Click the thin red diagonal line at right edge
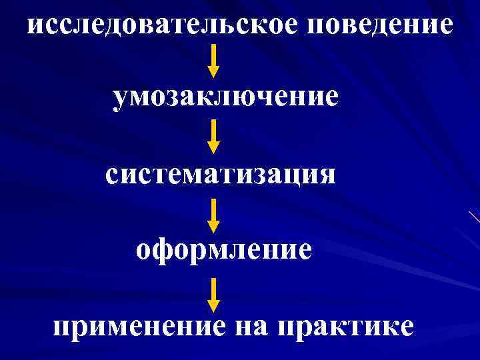pos(474,216)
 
